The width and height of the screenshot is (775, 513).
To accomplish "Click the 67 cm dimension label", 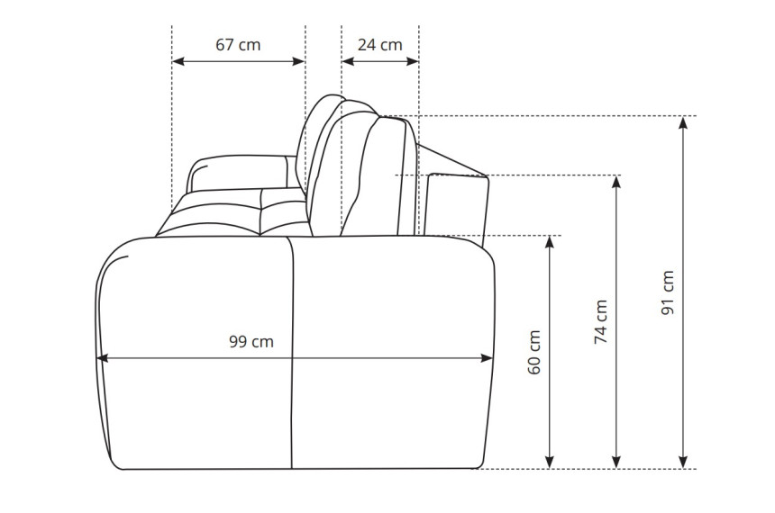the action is [238, 45].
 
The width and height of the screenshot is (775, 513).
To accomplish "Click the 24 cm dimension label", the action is [379, 45].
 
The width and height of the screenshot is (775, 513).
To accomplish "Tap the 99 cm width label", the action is [251, 342].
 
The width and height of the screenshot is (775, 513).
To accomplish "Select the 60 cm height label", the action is [534, 353].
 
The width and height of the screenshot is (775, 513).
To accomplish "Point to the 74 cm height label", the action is [600, 322].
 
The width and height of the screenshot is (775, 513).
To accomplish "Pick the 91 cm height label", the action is [668, 292].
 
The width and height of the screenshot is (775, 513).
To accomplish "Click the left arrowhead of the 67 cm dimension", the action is [178, 61].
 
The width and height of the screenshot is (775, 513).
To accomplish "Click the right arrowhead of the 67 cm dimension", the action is [299, 61].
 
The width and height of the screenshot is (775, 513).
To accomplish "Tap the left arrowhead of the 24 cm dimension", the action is [348, 61].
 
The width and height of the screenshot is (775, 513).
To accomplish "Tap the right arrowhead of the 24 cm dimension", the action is [413, 61].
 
